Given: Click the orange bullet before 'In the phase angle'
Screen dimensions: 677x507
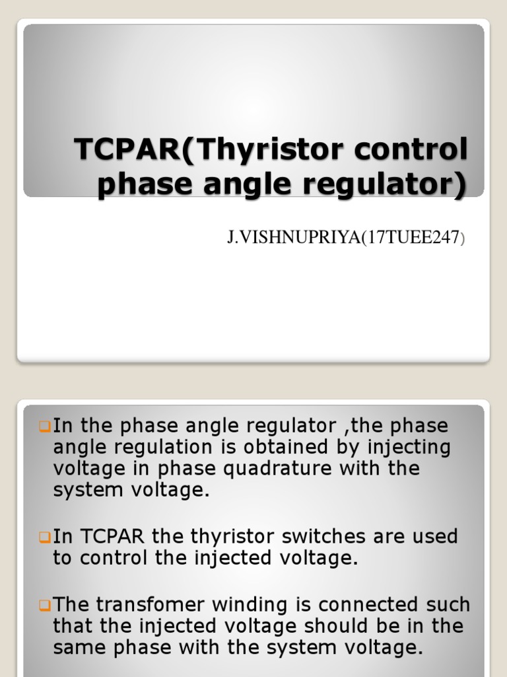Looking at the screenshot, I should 45,426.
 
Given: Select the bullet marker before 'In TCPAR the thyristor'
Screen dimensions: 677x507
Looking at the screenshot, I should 45,537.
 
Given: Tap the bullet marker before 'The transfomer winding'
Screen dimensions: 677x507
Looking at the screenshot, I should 45,605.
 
